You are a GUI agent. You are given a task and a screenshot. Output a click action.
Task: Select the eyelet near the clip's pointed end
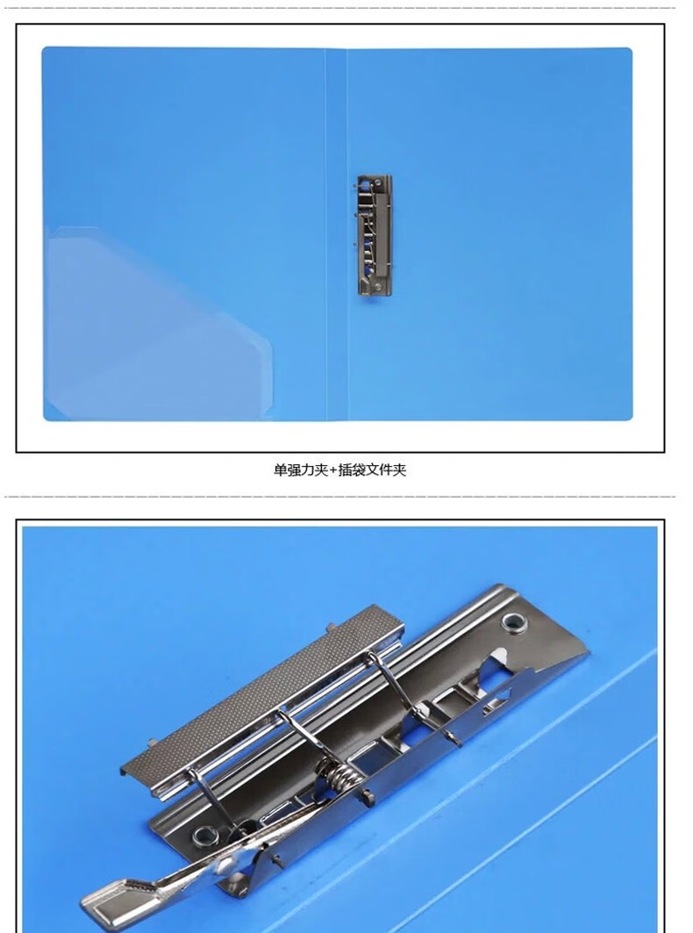click(514, 622)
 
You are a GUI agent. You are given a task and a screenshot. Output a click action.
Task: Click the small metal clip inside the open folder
click(375, 235)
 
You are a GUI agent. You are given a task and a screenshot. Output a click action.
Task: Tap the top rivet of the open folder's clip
click(378, 182)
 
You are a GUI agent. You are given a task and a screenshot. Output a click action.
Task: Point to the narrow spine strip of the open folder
click(337, 234)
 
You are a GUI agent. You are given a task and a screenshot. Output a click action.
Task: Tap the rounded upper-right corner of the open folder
click(628, 52)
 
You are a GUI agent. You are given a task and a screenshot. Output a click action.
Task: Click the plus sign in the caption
click(332, 470)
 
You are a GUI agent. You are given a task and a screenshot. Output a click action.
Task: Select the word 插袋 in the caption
click(352, 470)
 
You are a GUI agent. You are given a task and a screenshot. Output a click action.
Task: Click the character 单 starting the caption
click(280, 470)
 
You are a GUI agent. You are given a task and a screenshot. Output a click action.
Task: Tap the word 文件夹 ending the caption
click(386, 470)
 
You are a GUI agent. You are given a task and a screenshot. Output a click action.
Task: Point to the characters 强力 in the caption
click(301, 470)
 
